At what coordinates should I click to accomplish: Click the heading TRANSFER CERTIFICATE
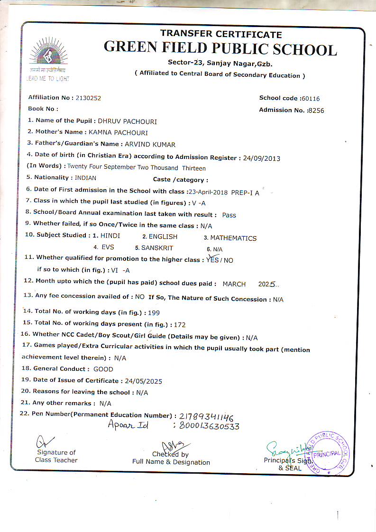click(221, 34)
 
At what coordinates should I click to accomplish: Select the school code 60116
click(311, 99)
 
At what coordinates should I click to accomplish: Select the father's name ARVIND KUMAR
click(150, 145)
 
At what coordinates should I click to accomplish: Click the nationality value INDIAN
click(85, 178)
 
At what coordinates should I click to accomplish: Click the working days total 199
click(155, 313)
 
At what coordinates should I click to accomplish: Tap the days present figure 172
click(180, 325)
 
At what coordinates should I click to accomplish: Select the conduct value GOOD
click(103, 369)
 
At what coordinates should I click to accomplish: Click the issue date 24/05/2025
click(143, 381)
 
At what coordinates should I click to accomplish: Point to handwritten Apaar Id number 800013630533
click(209, 426)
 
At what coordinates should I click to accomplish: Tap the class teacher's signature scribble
click(45, 442)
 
